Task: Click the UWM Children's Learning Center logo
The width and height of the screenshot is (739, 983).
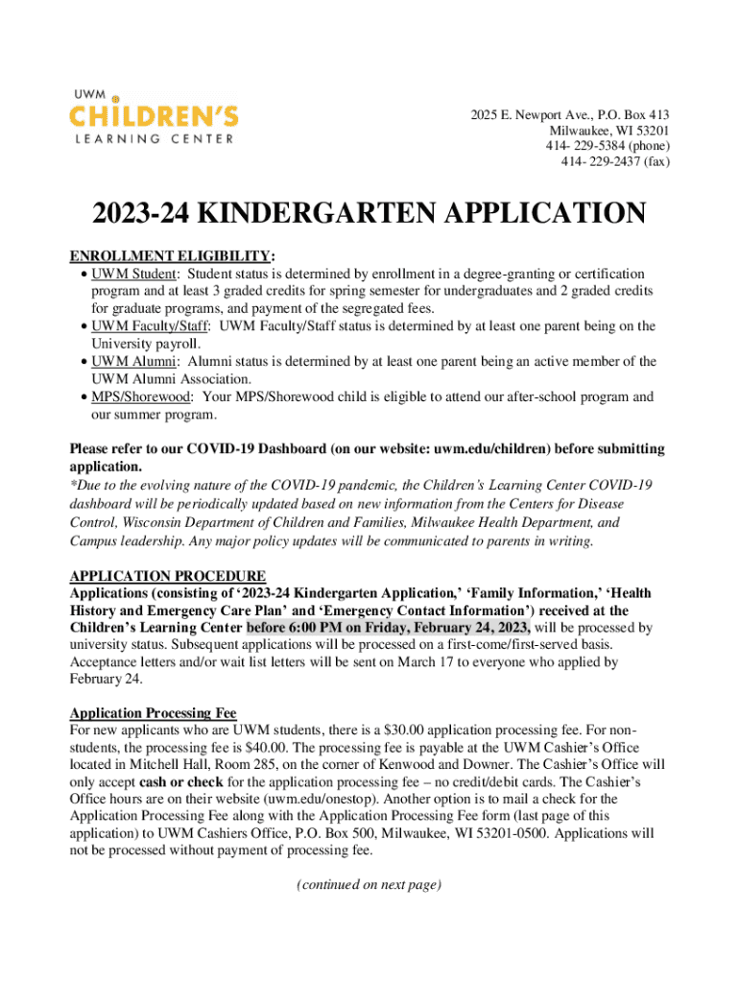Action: [x=154, y=117]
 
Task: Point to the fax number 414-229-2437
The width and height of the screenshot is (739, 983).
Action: [x=594, y=161]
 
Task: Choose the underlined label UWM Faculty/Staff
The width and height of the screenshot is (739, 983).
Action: [x=151, y=326]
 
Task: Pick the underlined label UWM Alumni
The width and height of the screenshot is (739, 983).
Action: [x=134, y=362]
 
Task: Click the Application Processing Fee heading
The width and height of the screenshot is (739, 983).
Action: [x=153, y=713]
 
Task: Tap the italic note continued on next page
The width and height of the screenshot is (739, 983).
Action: [x=369, y=885]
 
